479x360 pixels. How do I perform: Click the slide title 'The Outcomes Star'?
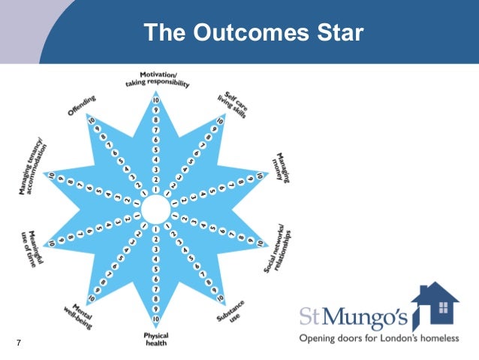(253, 32)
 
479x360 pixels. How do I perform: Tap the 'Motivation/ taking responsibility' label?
(156, 80)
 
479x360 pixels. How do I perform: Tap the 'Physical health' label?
(156, 339)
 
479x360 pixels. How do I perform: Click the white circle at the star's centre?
(156, 207)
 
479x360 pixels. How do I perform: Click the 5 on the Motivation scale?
(156, 150)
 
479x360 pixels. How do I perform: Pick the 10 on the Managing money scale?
(259, 175)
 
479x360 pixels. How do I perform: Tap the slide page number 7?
(19, 343)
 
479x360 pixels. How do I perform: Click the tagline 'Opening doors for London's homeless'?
(378, 338)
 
